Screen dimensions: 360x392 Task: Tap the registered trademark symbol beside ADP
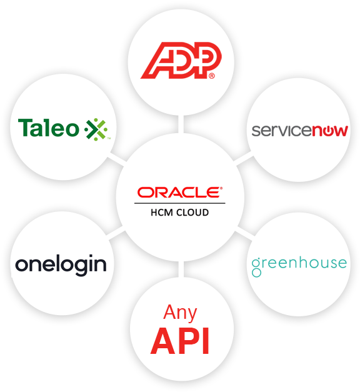(x=212, y=76)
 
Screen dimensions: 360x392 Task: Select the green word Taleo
(x=49, y=128)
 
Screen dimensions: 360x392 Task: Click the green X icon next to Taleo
(x=97, y=129)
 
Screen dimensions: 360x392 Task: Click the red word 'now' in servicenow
(x=330, y=131)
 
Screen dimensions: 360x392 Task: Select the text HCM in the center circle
(x=162, y=213)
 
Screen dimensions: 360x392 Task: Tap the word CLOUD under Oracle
(x=192, y=213)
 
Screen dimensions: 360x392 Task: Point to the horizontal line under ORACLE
(x=180, y=203)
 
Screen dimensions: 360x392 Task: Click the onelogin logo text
(x=61, y=265)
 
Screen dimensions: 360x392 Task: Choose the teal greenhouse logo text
(x=299, y=266)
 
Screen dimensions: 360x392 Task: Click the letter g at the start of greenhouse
(x=256, y=268)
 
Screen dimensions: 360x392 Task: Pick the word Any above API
(x=180, y=313)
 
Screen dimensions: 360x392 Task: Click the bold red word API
(x=180, y=341)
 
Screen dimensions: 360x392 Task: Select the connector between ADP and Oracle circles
(x=181, y=124)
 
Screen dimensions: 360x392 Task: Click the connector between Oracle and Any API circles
(x=181, y=269)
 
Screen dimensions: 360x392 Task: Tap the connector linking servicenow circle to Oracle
(x=244, y=159)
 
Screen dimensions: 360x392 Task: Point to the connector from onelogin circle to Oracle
(x=116, y=233)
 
